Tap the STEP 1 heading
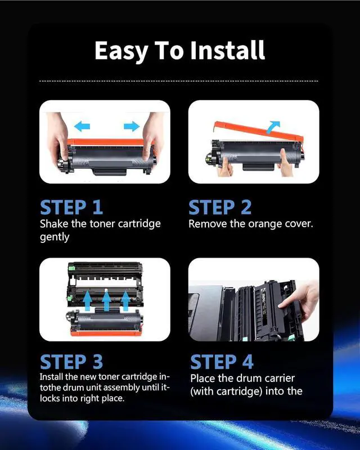click(71, 207)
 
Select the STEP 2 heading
click(220, 207)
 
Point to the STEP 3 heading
click(71, 361)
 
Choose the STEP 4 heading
click(222, 361)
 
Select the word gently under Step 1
click(55, 237)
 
